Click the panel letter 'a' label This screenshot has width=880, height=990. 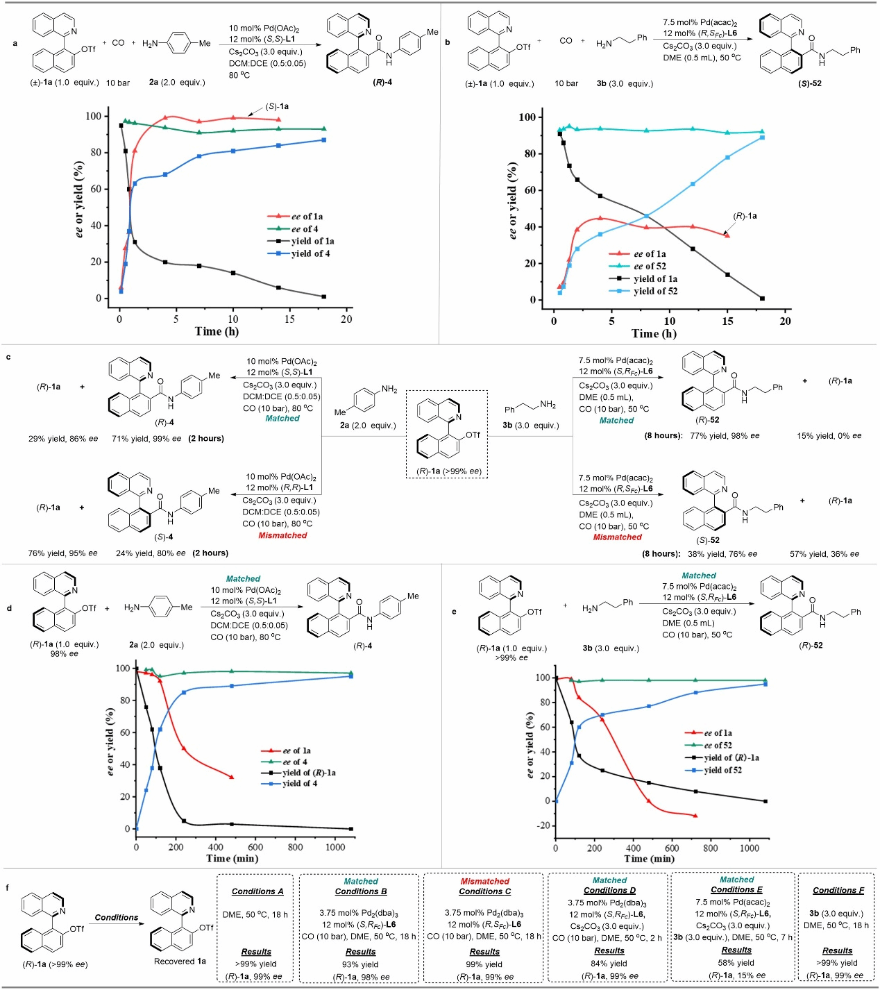pos(15,44)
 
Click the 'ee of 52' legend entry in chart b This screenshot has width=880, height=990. pos(650,266)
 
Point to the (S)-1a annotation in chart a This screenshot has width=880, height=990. pos(277,107)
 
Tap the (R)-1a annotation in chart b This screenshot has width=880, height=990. pos(745,216)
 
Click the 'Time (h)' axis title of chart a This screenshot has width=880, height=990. pos(217,331)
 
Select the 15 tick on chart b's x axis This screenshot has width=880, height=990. pos(727,321)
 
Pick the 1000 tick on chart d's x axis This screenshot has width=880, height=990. pos(335,846)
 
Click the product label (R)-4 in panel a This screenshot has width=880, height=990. pos(382,82)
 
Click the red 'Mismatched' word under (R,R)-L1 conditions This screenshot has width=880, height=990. pos(282,535)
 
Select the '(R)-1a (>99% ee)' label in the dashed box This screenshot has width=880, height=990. pos(448,471)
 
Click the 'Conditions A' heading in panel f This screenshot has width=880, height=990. pos(257,891)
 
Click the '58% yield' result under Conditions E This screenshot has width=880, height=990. pos(736,963)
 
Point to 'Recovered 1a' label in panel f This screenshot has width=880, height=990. pos(180,962)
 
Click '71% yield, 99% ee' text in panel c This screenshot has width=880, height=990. pos(146,439)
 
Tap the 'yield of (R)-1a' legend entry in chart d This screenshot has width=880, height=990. pos(309,773)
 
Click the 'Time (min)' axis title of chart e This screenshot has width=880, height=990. pos(649,859)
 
